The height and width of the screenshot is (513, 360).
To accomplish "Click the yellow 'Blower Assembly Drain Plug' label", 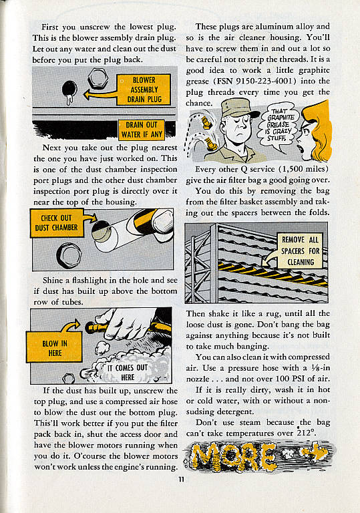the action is pyautogui.click(x=144, y=90).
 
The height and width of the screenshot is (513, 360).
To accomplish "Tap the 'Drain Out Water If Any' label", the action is pyautogui.click(x=142, y=130).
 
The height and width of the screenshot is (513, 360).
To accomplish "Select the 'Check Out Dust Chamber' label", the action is pyautogui.click(x=56, y=223).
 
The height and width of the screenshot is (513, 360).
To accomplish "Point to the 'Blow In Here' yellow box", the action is pyautogui.click(x=54, y=347).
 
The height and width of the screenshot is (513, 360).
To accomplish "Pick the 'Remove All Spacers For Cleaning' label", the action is pyautogui.click(x=301, y=250).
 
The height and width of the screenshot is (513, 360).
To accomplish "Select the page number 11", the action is pyautogui.click(x=181, y=480).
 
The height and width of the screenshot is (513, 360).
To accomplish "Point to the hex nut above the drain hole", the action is pyautogui.click(x=98, y=79).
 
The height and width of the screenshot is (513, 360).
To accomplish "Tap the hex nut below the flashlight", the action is pyautogui.click(x=69, y=255).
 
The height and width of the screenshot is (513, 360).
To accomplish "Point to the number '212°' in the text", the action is pyautogui.click(x=307, y=433).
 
